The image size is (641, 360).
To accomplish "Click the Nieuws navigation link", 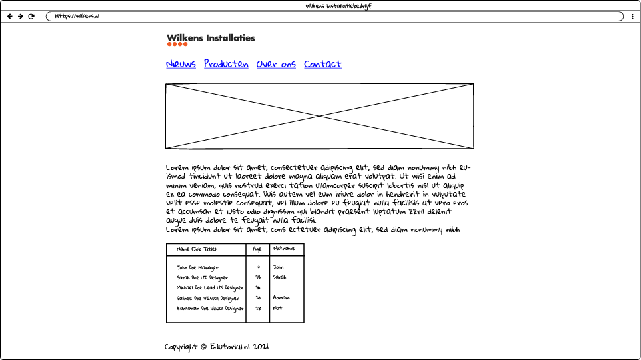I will point(181,64).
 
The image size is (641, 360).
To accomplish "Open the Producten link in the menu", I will point(226,64).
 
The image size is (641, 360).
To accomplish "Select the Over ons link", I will point(276,64).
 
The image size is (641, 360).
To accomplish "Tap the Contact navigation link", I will point(322,64).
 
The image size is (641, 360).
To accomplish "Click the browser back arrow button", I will point(10,16).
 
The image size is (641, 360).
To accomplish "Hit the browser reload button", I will point(31,16).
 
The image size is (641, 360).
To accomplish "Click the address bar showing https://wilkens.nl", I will point(333,16).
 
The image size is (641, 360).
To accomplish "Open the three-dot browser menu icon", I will point(632,16).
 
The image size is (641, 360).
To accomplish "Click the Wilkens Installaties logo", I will point(211,38).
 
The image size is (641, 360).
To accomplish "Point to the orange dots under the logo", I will point(177,45).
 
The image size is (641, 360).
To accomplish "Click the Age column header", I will point(257,249).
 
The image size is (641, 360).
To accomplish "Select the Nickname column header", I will point(284,249).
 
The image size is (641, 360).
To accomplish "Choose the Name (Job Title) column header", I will point(201,249).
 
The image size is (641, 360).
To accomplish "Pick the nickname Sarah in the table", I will point(280,277).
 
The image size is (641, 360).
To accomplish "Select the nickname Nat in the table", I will point(277,308).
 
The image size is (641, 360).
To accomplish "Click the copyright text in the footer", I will point(217,347).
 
